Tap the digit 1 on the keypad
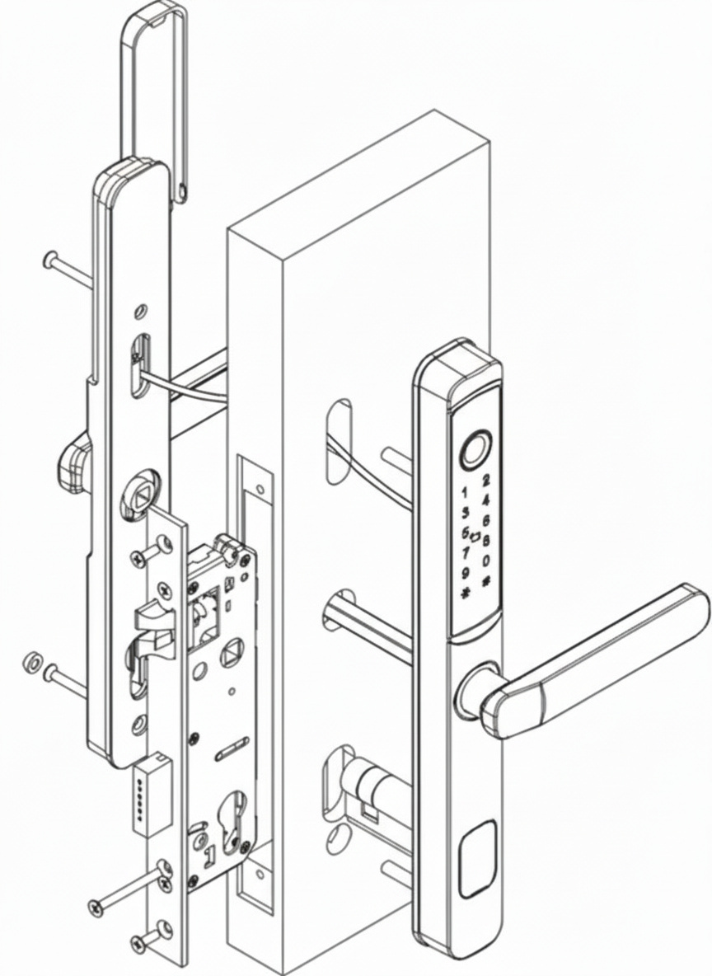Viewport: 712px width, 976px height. tap(464, 492)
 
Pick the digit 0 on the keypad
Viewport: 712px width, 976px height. tap(486, 561)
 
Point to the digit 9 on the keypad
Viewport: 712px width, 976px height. tap(466, 573)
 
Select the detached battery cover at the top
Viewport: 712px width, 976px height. tap(153, 82)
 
